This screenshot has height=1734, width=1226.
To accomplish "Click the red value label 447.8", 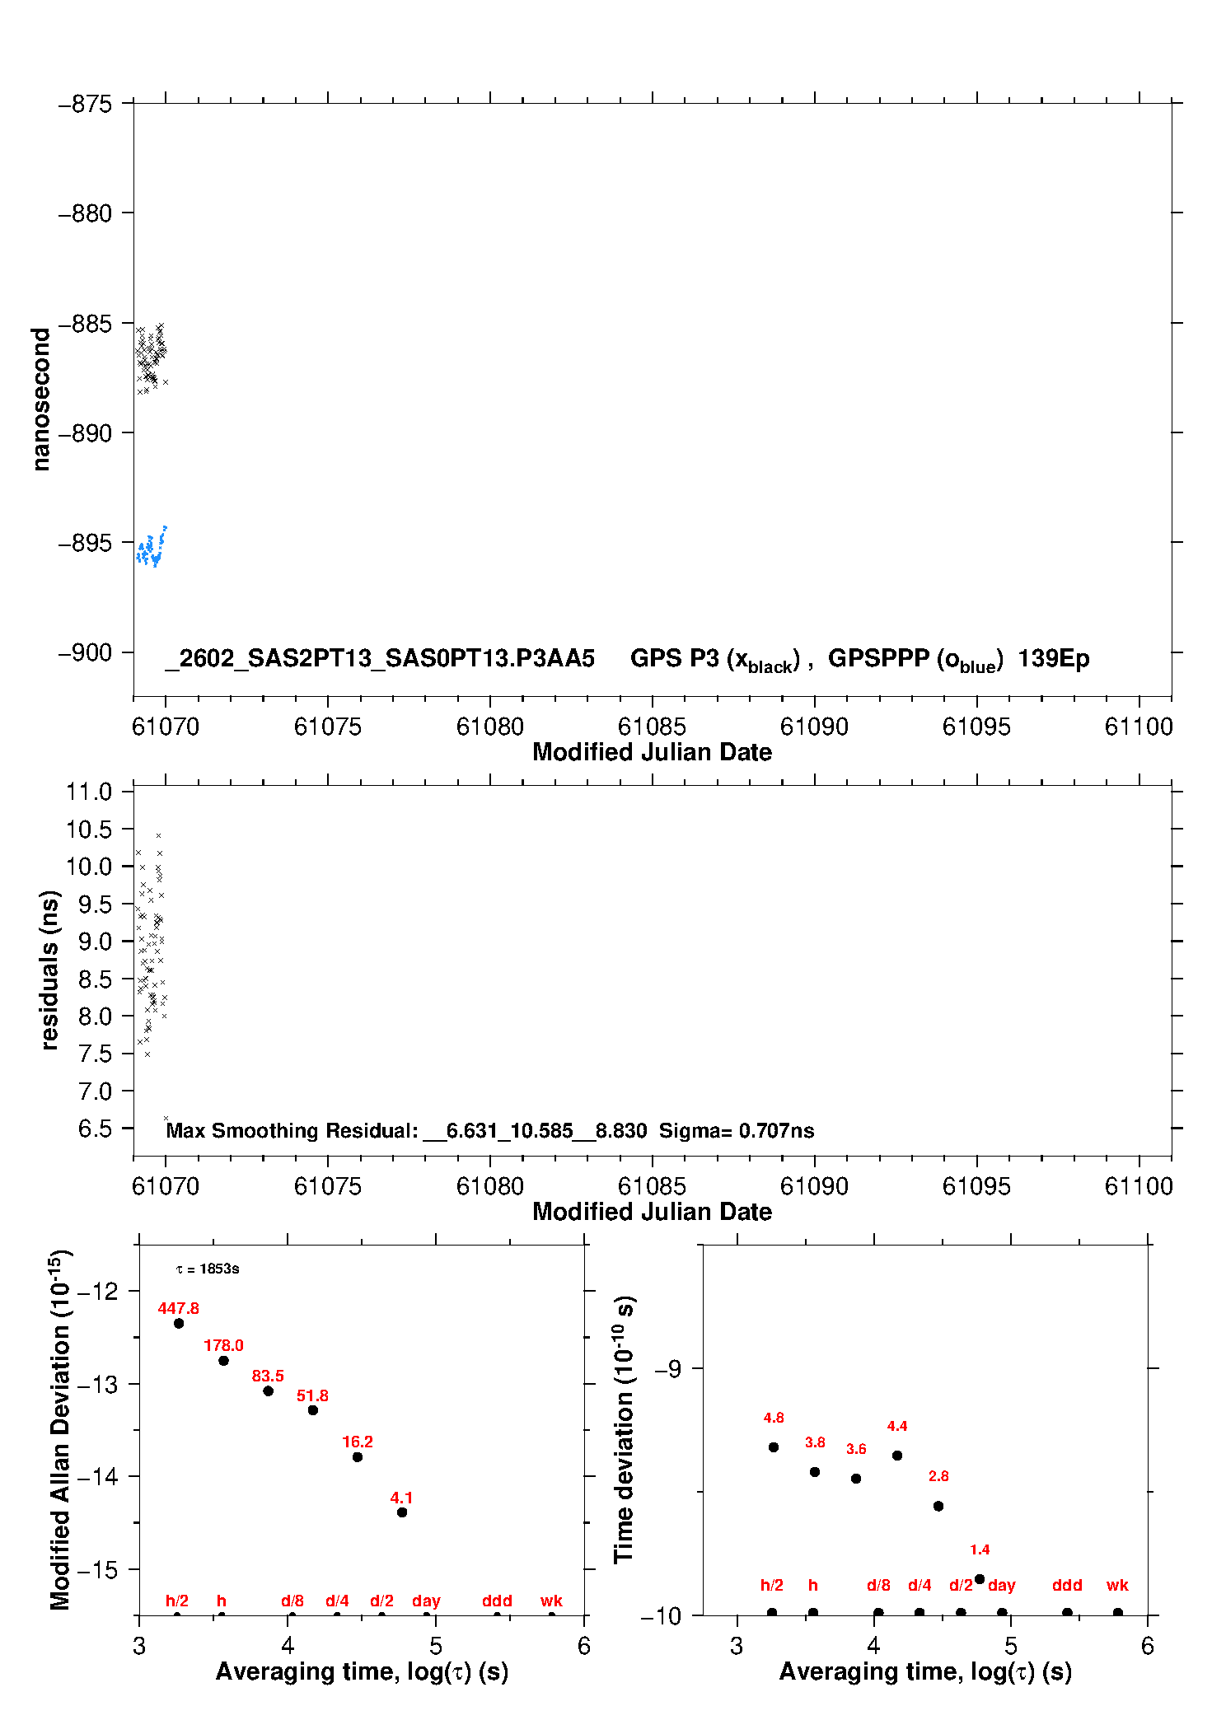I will [178, 1308].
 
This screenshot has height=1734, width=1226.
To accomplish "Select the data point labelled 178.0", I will [223, 1360].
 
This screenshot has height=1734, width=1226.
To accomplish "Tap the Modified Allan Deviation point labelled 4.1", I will [402, 1512].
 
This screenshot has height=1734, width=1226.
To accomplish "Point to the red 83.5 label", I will [268, 1376].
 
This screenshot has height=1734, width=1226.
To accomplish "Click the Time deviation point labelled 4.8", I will [774, 1447].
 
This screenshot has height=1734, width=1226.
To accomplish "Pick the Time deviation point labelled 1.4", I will [980, 1579].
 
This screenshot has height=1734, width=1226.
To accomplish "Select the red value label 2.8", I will [938, 1476].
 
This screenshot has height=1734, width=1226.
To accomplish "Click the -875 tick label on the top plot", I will [85, 104].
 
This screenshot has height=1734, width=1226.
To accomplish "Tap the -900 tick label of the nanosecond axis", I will [85, 652].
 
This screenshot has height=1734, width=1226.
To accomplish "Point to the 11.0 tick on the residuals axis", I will [89, 792].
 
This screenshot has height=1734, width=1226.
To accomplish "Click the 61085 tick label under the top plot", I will [652, 727].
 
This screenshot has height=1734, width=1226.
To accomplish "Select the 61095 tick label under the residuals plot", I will [976, 1186].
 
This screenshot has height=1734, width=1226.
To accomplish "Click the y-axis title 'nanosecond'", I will [41, 399].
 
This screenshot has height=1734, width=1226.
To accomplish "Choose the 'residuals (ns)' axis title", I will [49, 970].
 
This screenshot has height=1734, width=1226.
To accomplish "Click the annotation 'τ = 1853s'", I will [208, 1269].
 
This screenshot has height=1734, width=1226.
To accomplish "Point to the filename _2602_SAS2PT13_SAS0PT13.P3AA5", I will [380, 658].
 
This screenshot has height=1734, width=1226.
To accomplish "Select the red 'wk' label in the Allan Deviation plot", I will [551, 1601].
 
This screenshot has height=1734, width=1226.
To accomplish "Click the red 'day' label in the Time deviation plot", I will [1001, 1585].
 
